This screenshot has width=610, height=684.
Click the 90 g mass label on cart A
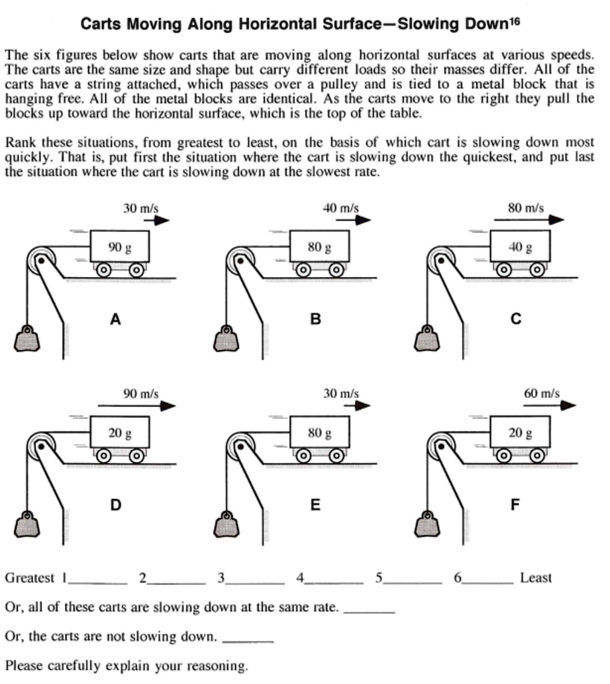pyautogui.click(x=120, y=247)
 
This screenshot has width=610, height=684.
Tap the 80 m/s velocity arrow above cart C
pyautogui.click(x=534, y=220)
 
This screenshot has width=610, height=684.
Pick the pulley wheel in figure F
pyautogui.click(x=440, y=444)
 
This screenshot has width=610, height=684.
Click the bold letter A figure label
pyautogui.click(x=115, y=319)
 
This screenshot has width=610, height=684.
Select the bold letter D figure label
pyautogui.click(x=115, y=505)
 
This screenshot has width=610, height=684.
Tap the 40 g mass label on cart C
pyautogui.click(x=521, y=247)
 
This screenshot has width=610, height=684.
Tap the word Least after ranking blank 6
pyautogui.click(x=535, y=578)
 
